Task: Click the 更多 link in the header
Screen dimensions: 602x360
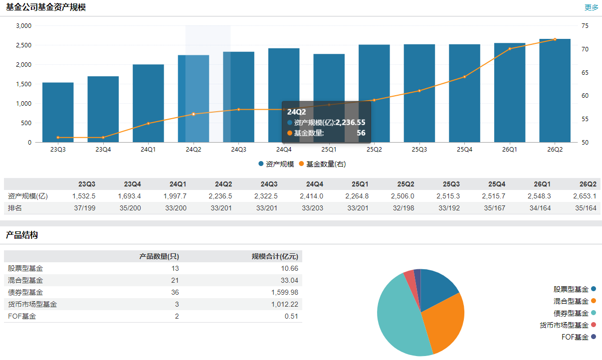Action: (591, 7)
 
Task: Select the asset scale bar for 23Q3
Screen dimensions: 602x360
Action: (58, 112)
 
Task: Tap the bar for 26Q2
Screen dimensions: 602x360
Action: (555, 91)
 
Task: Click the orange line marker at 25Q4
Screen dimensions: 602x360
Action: (465, 77)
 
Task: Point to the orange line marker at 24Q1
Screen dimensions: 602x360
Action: (148, 124)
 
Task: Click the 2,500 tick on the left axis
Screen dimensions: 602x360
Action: (23, 45)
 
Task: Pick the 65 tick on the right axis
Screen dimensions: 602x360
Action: (585, 72)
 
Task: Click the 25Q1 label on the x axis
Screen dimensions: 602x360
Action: (329, 150)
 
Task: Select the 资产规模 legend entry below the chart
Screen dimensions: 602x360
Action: (276, 164)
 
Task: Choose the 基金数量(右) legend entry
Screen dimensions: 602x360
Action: (323, 164)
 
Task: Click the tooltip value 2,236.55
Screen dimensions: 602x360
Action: (350, 123)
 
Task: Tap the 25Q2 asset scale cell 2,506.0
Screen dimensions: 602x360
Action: (402, 196)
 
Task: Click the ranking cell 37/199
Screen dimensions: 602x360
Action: (85, 208)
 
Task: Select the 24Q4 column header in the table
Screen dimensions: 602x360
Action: (314, 184)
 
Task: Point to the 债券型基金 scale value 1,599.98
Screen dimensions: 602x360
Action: (285, 292)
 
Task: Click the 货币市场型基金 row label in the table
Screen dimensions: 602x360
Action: (32, 304)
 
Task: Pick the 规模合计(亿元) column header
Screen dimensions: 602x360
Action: (275, 256)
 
